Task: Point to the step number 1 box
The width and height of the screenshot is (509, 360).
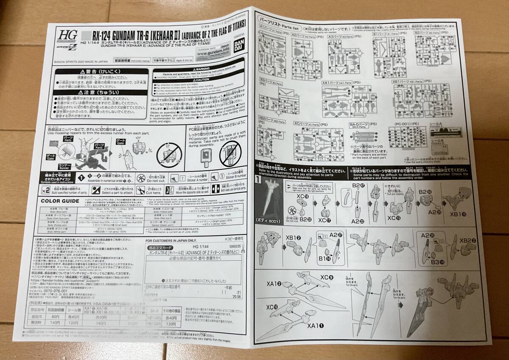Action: tap(259, 180)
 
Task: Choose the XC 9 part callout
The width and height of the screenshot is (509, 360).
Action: tap(327, 278)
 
